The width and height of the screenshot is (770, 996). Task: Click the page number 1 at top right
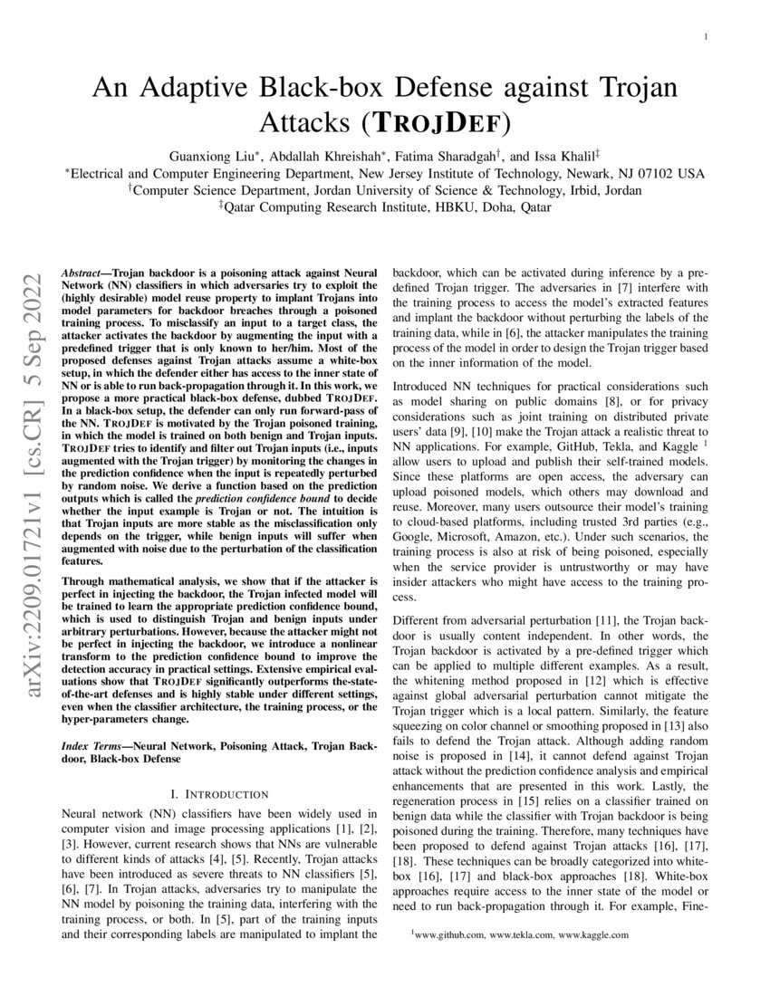point(707,37)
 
